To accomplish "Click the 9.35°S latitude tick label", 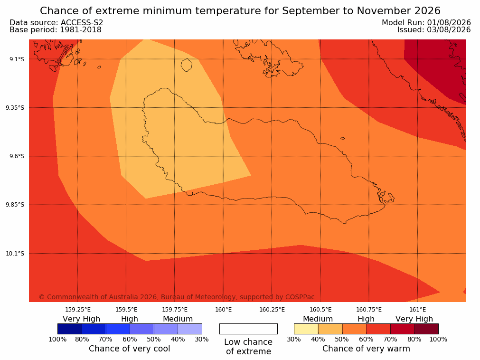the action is click(15, 108).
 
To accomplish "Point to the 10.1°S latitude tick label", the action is click(15, 254).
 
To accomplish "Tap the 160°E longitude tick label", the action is click(224, 310).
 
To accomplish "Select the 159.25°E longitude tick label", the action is click(78, 310).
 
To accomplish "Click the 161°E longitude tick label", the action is click(417, 310).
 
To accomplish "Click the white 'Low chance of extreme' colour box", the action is click(249, 329).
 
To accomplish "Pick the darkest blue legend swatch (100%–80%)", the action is click(70, 329).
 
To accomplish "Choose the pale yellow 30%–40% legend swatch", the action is click(306, 329).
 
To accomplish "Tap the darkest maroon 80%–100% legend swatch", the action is click(426, 329).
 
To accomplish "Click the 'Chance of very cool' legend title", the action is click(130, 349).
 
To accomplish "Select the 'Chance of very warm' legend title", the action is click(366, 349).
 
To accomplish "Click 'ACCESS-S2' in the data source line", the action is click(82, 23).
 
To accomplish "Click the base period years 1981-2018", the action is click(81, 30).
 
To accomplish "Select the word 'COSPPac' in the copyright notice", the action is click(300, 297).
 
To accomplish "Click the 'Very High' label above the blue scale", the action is click(82, 319).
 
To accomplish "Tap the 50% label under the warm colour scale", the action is click(342, 339).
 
